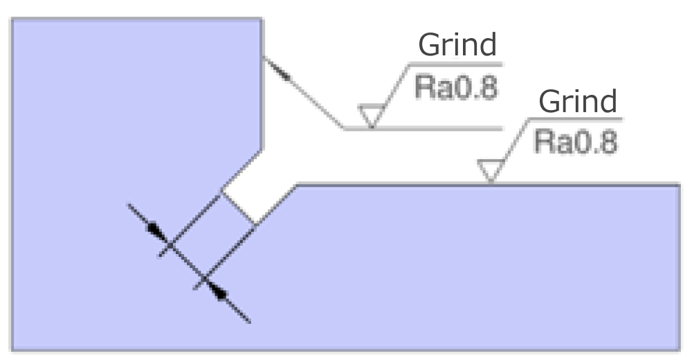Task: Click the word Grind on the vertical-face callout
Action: pos(457,45)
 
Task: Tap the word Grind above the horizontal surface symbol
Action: pos(578,102)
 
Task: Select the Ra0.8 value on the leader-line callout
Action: pos(456,87)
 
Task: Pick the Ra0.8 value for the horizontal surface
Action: pos(576,142)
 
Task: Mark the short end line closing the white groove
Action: pos(238,208)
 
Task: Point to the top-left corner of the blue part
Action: pos(12,19)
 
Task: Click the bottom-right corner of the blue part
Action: pos(680,351)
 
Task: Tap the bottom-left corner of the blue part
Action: pos(12,351)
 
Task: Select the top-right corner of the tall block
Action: pos(262,19)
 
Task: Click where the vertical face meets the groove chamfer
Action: pos(262,150)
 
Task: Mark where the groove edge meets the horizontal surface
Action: pos(297,184)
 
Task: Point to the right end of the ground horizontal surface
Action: pos(680,184)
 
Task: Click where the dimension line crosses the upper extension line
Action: pos(170,244)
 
